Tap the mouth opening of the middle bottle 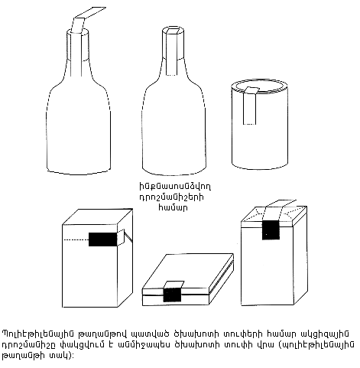point(174,31)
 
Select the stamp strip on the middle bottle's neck point(172,52)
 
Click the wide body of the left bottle point(79,128)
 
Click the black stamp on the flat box point(172,295)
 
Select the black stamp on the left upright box point(102,239)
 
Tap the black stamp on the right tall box point(271,230)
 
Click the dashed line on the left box point(76,239)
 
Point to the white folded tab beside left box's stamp point(121,236)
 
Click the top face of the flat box point(188,271)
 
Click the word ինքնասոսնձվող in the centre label point(175,187)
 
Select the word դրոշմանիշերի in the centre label point(171,197)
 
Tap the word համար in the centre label point(173,208)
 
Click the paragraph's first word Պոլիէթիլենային point(36,334)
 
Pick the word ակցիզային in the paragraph point(325,334)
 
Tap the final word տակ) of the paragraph point(59,356)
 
